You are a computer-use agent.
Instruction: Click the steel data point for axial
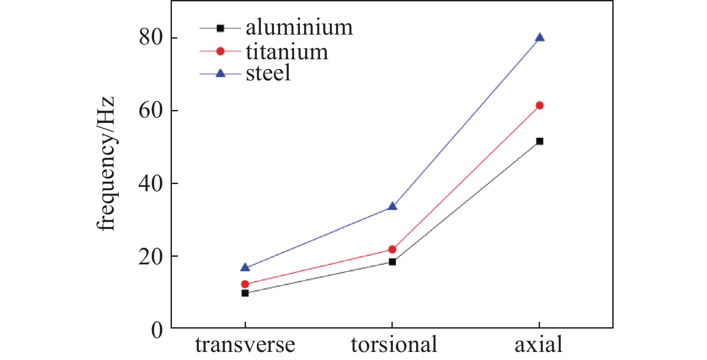pos(540,38)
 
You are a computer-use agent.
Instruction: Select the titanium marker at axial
pos(540,105)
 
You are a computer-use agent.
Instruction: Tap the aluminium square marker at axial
pos(540,141)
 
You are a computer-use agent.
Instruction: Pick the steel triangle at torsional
pos(392,206)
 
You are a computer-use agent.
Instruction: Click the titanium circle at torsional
pos(392,250)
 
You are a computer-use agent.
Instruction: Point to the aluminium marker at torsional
pos(392,262)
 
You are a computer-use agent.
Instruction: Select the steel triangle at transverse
pos(245,268)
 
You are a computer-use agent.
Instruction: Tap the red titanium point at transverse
pos(245,284)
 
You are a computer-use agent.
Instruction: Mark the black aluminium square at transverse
pos(245,293)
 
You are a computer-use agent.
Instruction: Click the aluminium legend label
pos(299,28)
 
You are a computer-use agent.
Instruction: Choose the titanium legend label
pos(287,52)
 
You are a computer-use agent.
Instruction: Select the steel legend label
pos(268,73)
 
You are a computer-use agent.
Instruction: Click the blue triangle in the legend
pos(220,73)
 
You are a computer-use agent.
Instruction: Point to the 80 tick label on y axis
pos(151,38)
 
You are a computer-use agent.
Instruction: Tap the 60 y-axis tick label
pos(151,110)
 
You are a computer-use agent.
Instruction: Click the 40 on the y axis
pos(151,184)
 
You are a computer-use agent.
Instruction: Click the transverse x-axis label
pos(245,345)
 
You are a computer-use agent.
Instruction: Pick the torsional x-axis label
pos(394,345)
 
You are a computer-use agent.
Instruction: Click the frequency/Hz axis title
pos(107,164)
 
